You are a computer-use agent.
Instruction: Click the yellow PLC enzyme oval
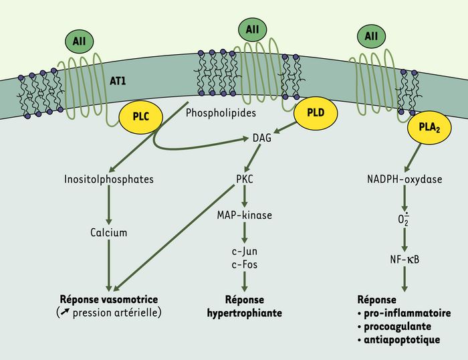(x=141, y=117)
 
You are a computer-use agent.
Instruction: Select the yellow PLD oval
(x=316, y=113)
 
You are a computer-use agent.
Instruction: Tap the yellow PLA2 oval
(x=429, y=128)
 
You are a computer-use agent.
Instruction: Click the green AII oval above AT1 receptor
(x=80, y=41)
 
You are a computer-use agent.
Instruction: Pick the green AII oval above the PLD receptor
(x=253, y=29)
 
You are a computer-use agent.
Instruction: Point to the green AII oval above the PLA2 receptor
(x=371, y=36)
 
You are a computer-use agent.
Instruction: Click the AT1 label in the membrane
(x=118, y=81)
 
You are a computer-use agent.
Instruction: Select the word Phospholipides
(x=221, y=113)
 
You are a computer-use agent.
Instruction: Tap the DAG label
(x=262, y=138)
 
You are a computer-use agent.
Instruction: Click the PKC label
(x=245, y=179)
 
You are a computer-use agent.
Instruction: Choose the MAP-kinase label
(x=245, y=215)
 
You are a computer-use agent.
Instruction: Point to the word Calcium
(x=108, y=232)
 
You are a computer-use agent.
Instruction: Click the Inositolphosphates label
(x=109, y=179)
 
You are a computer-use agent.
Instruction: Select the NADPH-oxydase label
(x=404, y=179)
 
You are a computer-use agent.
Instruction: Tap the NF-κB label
(x=404, y=260)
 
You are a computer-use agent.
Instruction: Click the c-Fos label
(x=245, y=264)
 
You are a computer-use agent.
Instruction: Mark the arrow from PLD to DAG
(x=285, y=128)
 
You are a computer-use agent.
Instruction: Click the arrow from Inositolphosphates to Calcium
(x=108, y=205)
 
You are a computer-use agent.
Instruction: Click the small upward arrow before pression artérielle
(x=65, y=312)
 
